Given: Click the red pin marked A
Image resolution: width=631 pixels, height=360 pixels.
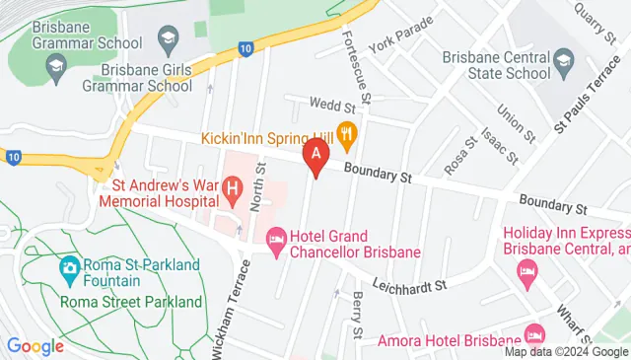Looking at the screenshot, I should tap(315, 156).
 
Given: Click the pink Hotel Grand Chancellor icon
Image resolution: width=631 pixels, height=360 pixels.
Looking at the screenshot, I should tap(276, 237).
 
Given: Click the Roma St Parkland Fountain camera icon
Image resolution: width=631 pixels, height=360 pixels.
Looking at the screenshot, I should tap(70, 266).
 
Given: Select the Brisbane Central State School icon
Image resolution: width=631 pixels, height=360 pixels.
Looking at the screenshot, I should tap(563, 64).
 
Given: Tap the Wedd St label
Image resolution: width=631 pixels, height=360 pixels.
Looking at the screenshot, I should tap(331, 105).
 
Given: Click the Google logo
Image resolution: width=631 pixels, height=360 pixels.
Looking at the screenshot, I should tap(35, 346).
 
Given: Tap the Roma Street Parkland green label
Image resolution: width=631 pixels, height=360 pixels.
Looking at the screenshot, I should tap(131, 303).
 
